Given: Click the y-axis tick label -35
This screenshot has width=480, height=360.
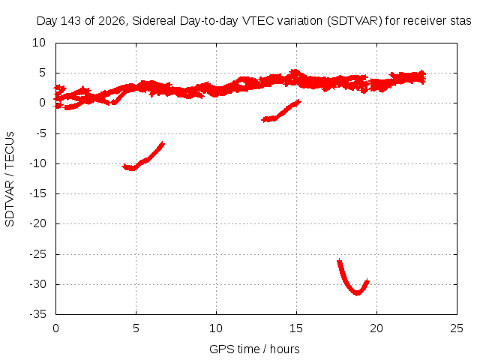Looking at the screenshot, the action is (38, 314).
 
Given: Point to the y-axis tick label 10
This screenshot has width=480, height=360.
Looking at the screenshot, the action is (39, 43).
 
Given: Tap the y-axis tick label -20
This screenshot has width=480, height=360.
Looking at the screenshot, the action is (38, 223).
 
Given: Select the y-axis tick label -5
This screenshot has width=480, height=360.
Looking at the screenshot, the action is (40, 133).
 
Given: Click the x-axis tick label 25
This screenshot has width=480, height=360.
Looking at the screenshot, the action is (457, 328).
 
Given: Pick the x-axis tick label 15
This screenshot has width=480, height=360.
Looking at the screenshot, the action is (296, 328).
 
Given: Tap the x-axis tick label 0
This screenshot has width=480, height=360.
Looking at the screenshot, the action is (55, 328).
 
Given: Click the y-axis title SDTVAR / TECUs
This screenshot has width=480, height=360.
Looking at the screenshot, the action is (10, 179).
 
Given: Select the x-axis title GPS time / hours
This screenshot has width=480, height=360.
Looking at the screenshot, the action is (254, 349).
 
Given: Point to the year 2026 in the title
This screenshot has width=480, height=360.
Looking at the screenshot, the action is (112, 22).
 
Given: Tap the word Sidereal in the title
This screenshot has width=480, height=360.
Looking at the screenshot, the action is (154, 21).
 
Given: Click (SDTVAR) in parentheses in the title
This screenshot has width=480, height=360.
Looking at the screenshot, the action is (355, 21).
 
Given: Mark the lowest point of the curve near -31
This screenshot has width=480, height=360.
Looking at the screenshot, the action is (357, 293).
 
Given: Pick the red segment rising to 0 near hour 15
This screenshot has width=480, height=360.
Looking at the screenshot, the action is (282, 111).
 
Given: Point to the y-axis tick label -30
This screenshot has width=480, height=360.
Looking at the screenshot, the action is (38, 284).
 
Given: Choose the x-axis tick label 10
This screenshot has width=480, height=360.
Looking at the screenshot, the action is (216, 328).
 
